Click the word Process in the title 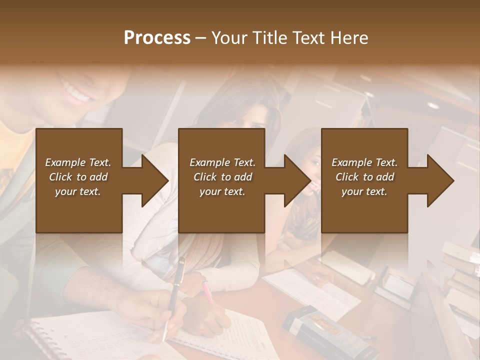click(156, 38)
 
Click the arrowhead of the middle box click(297, 180)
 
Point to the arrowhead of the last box click(440, 180)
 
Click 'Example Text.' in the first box click(78, 162)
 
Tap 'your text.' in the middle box click(222, 191)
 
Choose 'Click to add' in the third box click(364, 177)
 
